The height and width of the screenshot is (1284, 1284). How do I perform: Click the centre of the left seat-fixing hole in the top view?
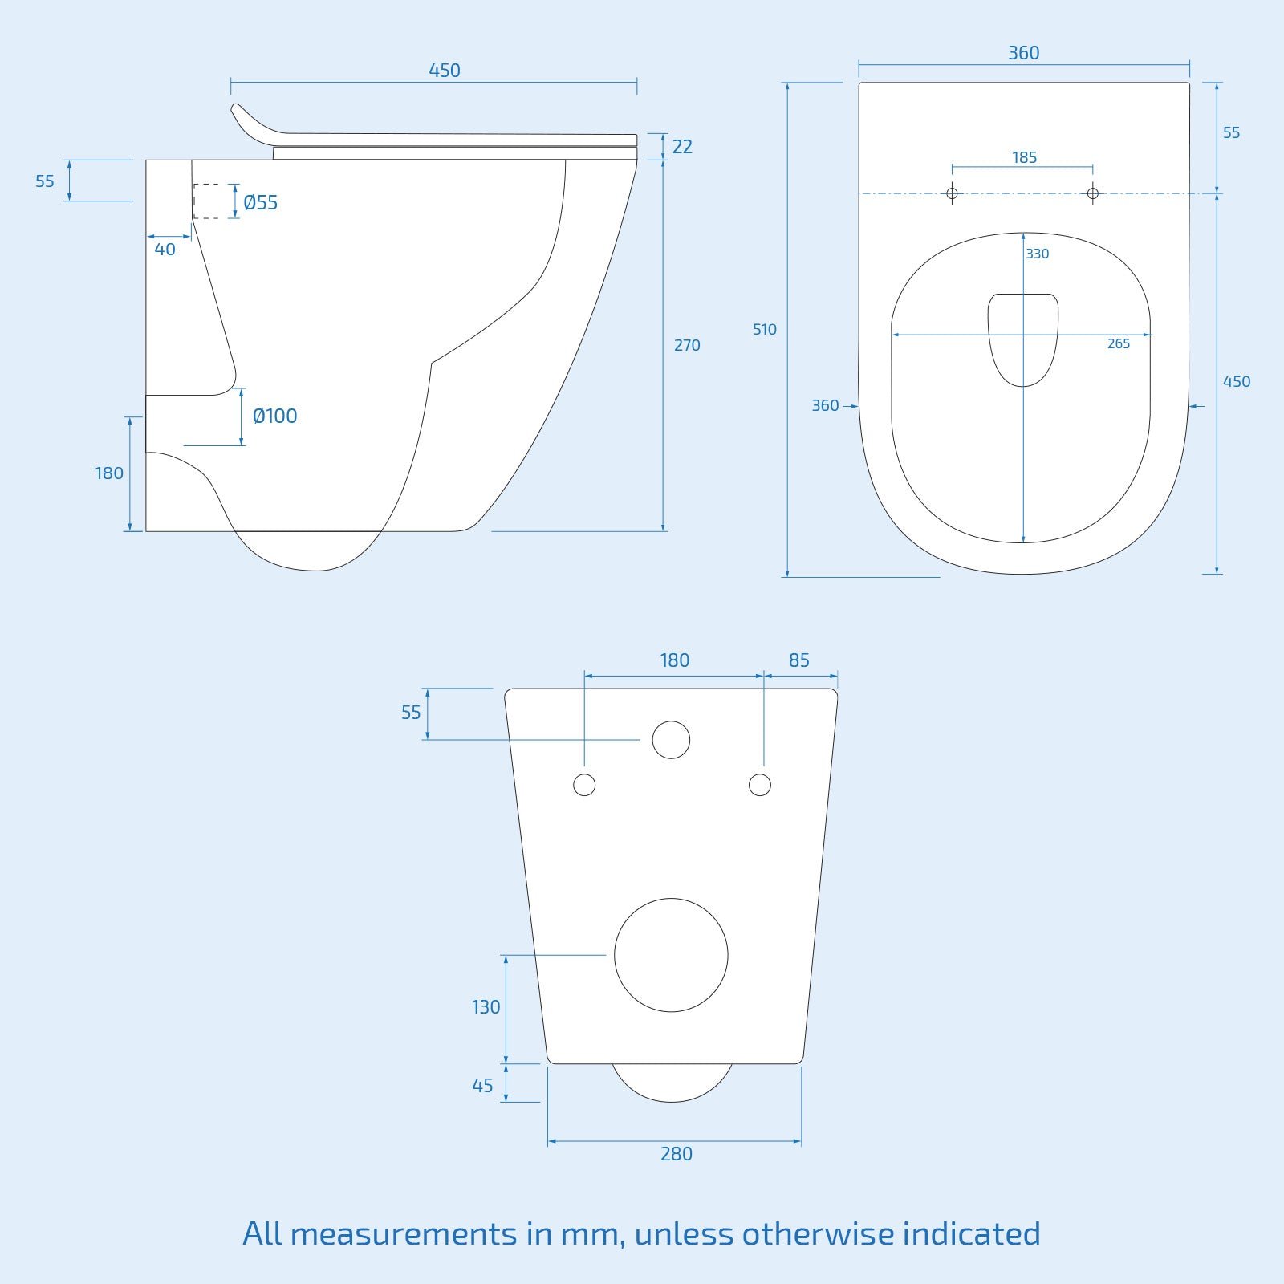click(953, 193)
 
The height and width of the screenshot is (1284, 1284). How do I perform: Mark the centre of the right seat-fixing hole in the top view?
click(1092, 193)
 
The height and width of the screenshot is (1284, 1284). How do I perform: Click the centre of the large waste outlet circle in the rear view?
click(671, 955)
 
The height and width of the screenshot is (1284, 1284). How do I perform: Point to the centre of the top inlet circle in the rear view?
click(671, 740)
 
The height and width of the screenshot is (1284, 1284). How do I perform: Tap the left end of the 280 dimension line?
click(548, 1141)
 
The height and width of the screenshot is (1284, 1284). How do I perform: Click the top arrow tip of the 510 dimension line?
click(788, 83)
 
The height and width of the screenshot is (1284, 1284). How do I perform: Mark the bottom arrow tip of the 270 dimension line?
click(663, 530)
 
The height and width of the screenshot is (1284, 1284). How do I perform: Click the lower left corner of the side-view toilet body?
click(146, 530)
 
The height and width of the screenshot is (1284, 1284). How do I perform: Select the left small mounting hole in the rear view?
click(584, 785)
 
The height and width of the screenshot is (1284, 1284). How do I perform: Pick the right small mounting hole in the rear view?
click(760, 785)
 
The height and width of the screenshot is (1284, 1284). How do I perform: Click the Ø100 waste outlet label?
click(274, 416)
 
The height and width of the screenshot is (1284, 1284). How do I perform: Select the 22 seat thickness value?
click(682, 147)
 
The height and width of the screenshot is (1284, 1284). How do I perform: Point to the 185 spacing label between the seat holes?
click(1024, 157)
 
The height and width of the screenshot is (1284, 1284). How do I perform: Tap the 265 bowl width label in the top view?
click(1119, 343)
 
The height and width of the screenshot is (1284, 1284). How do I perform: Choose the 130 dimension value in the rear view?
click(486, 1006)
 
